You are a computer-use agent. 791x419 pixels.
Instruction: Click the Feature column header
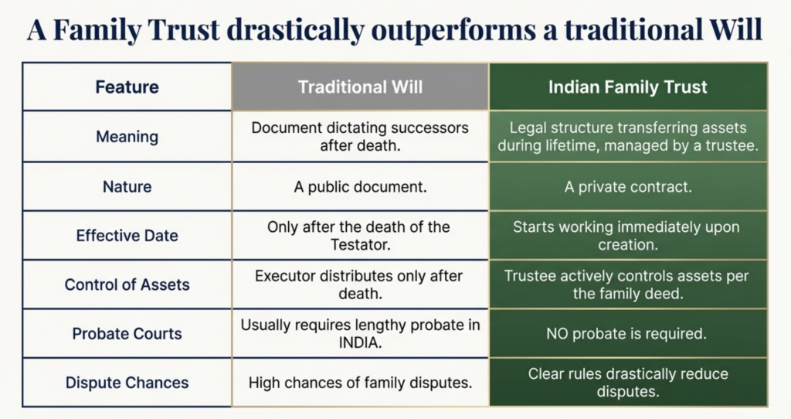coord(127,87)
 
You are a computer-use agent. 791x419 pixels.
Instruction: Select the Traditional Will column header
coord(360,87)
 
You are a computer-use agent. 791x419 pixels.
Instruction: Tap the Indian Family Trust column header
coord(628,87)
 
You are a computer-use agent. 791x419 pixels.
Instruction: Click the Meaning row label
coord(127,136)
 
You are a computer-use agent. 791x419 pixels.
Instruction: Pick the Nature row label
coord(127,186)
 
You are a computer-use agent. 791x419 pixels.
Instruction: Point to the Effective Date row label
coord(127,235)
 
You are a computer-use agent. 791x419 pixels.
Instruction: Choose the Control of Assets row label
coord(127,284)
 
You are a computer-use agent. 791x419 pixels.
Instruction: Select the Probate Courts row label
coord(127,333)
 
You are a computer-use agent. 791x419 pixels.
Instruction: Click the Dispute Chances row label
coord(127,382)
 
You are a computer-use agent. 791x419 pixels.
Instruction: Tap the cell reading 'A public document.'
coord(360,187)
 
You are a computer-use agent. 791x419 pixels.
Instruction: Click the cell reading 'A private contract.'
coord(628,187)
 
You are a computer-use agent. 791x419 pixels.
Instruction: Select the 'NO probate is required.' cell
coord(626,334)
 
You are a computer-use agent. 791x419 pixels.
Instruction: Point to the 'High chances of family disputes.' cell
coord(360,383)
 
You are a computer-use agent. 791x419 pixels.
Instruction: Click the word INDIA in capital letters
coord(360,342)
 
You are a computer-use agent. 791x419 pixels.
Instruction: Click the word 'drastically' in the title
coord(295,30)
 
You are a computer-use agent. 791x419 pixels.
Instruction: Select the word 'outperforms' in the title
coord(453,31)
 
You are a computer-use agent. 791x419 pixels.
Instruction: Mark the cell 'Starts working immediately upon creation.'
coord(626,236)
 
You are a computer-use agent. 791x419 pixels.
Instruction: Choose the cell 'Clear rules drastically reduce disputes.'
coord(628,383)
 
